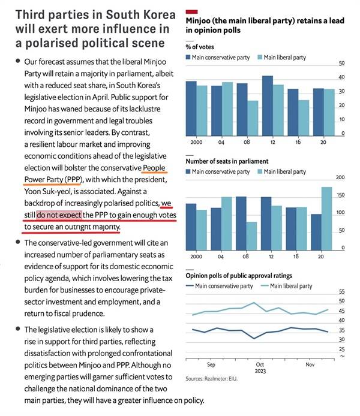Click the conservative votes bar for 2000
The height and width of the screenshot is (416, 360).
191,108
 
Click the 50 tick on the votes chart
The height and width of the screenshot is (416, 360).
342,63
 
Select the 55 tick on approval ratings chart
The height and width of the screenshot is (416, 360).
341,291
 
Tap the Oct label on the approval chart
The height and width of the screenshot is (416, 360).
260,363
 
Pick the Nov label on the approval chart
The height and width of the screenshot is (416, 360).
310,363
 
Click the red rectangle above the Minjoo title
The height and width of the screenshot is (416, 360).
192,11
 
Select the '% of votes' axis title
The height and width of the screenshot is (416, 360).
201,47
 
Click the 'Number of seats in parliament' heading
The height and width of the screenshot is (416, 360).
227,161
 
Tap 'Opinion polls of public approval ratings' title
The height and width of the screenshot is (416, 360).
239,276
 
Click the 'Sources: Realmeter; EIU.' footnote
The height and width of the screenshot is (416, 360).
212,379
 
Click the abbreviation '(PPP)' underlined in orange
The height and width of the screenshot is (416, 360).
71,179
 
